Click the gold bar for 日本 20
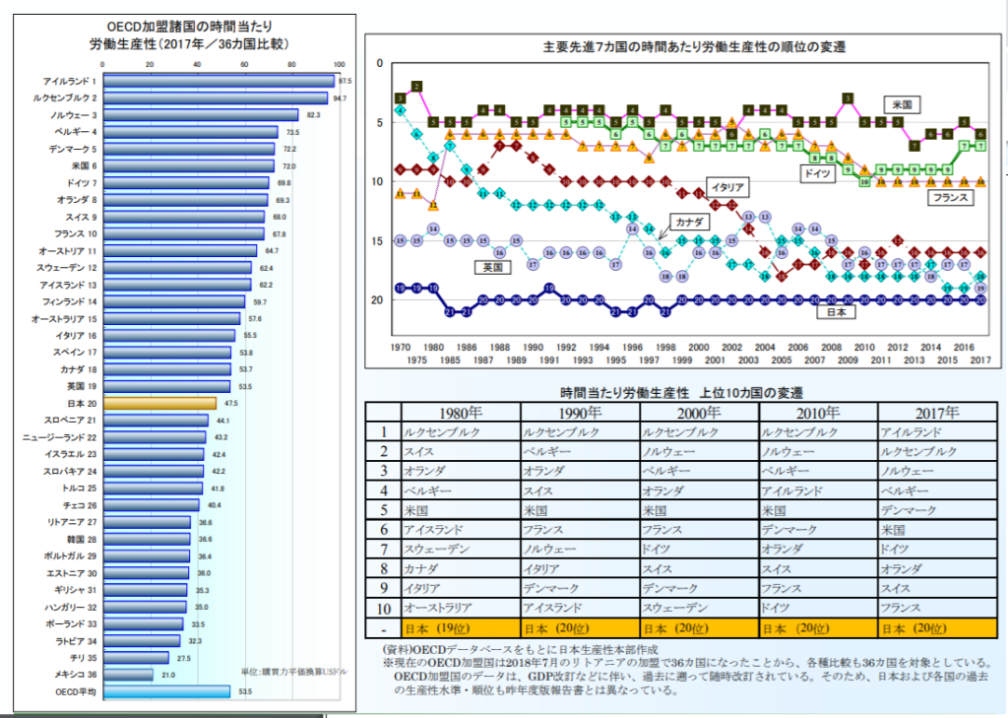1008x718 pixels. point(158,403)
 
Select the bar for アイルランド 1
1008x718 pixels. point(218,81)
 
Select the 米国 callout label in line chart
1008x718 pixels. point(901,103)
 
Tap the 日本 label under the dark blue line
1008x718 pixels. point(835,312)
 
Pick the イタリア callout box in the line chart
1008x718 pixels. point(729,186)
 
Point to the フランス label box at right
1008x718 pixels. point(950,198)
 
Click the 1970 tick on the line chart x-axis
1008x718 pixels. point(401,347)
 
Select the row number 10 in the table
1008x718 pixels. point(384,608)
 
